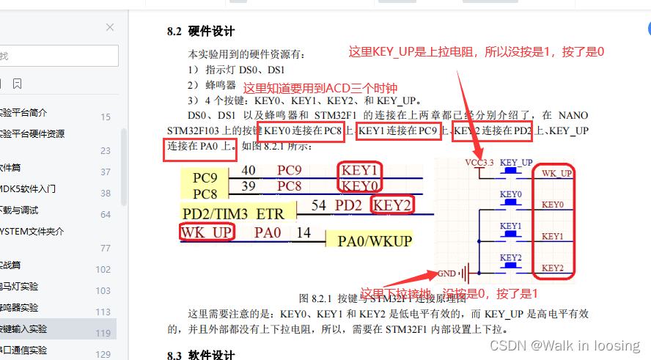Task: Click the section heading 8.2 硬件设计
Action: [x=201, y=32]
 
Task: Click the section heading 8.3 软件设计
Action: [x=201, y=355]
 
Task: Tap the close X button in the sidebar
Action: [x=110, y=27]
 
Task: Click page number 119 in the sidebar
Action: [x=104, y=333]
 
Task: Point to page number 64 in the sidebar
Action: [x=106, y=214]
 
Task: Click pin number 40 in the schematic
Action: [x=249, y=171]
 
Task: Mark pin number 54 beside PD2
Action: [x=318, y=205]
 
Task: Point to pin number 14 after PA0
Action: [x=304, y=233]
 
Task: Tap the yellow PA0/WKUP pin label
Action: [x=374, y=240]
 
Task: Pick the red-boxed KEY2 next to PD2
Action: [x=392, y=205]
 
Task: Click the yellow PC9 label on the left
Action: [x=206, y=178]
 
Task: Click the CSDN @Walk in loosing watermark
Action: [x=564, y=345]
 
